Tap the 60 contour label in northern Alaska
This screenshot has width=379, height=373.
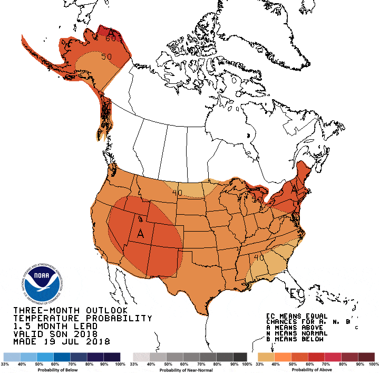point(111,38)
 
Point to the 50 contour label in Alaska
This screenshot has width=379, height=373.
point(106,56)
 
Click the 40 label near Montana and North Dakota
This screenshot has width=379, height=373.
point(177,193)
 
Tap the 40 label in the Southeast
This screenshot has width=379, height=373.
point(258,257)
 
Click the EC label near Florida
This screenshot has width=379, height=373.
point(297,293)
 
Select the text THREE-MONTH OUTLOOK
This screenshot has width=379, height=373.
point(71,310)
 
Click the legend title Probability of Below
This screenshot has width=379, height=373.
point(62,370)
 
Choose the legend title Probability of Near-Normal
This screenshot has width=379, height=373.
point(190,370)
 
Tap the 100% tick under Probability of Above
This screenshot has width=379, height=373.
point(373,365)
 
